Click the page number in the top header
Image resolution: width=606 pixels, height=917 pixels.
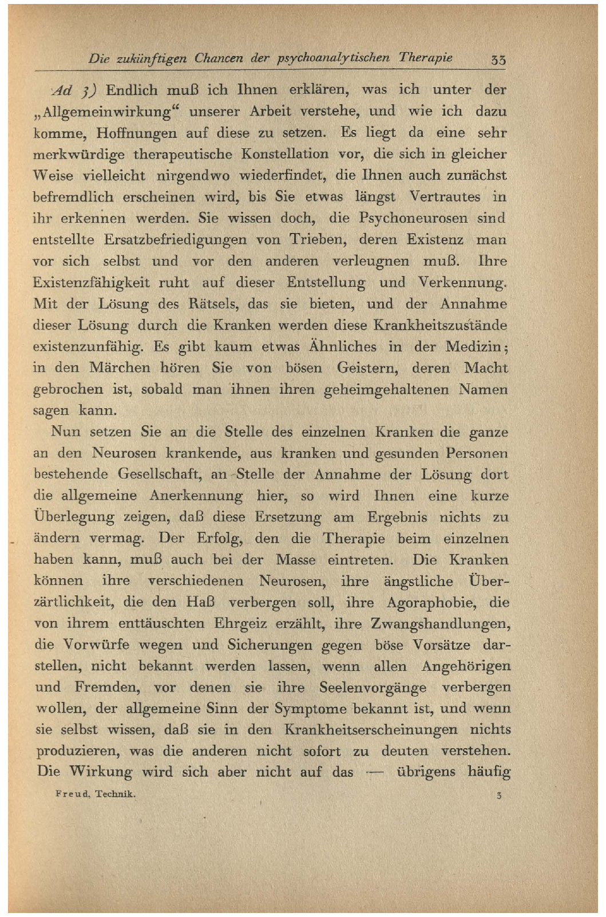pos(498,60)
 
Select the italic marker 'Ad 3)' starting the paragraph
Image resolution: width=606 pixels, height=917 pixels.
pos(75,90)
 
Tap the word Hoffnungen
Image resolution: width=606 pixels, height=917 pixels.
pos(136,133)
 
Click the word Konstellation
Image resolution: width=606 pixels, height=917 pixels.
pos(285,154)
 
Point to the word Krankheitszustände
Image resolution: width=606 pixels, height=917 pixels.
pos(440,325)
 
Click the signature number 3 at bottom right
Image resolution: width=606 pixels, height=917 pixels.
pos(499,795)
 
